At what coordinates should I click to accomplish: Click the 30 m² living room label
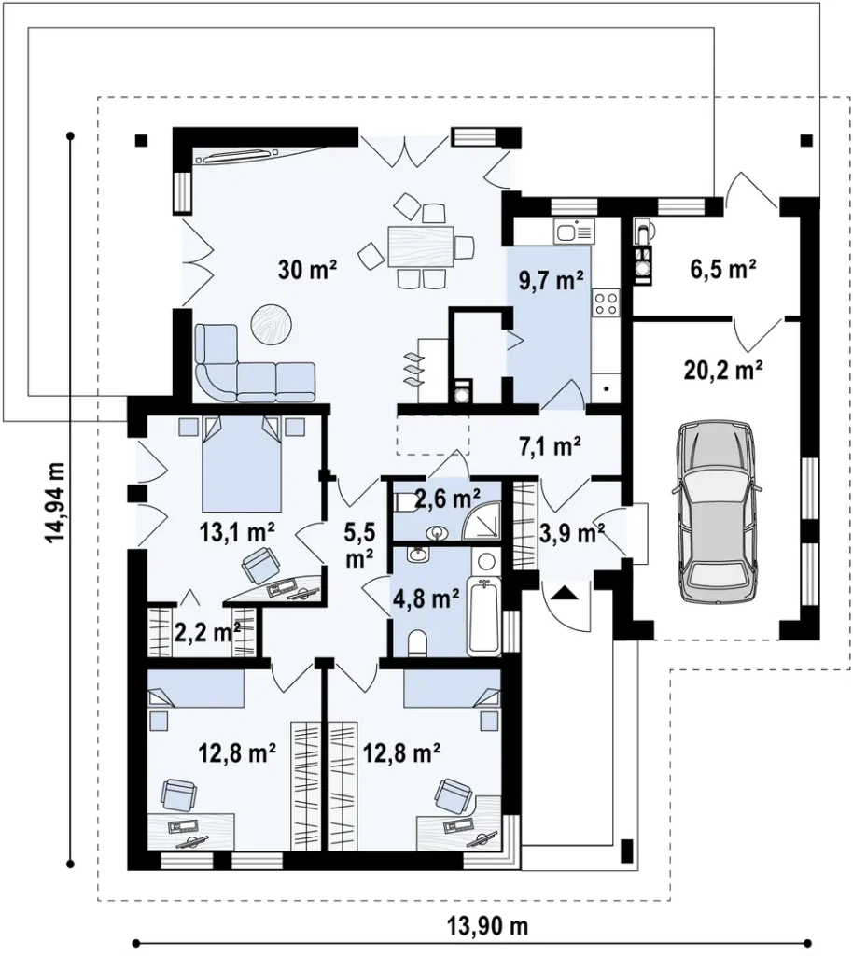click(x=308, y=269)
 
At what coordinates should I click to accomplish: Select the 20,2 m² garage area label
click(x=723, y=369)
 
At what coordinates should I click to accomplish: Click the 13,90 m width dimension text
click(x=488, y=926)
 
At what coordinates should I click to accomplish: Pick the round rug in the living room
click(x=272, y=324)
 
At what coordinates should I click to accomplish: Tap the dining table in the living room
click(x=421, y=246)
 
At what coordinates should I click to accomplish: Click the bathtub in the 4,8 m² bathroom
click(x=483, y=616)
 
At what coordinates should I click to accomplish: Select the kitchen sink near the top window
click(x=574, y=232)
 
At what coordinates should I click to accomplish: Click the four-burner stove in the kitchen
click(x=607, y=303)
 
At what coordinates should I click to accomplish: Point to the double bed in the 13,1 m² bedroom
click(x=243, y=463)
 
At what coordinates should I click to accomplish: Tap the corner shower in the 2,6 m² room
click(x=482, y=520)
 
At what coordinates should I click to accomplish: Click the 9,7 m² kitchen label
click(x=552, y=280)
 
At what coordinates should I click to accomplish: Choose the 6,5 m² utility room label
click(x=723, y=268)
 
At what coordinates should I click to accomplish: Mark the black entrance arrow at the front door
click(x=565, y=591)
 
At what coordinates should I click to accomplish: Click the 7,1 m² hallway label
click(x=550, y=447)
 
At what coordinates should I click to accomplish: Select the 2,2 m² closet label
click(x=207, y=632)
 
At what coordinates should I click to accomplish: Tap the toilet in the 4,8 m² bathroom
click(x=418, y=643)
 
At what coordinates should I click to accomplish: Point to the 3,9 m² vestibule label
click(x=572, y=534)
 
